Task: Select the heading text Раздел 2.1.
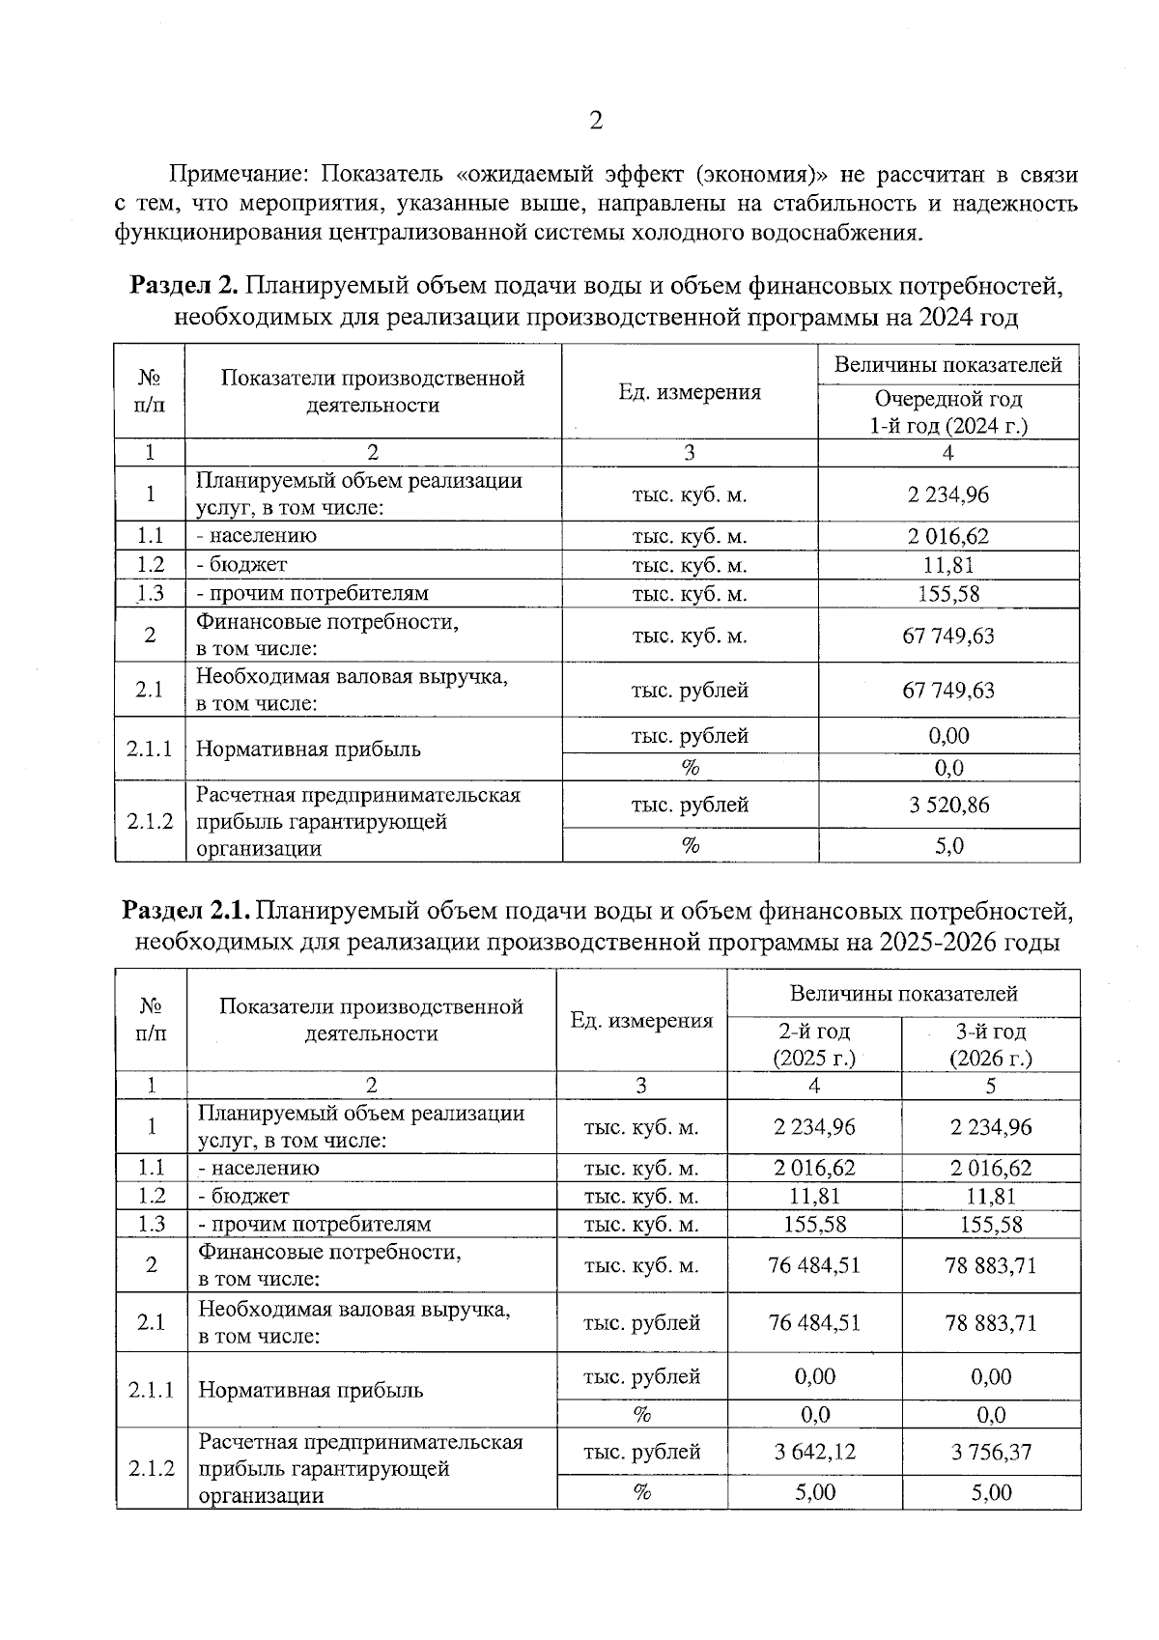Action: tap(186, 910)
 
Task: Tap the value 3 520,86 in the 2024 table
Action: tap(948, 805)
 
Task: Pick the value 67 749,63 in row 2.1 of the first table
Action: tap(948, 690)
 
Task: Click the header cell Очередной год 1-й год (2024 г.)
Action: tap(948, 411)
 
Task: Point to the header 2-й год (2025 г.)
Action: tap(813, 1044)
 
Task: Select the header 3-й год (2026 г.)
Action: tap(990, 1044)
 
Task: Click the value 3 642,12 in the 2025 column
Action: tap(813, 1451)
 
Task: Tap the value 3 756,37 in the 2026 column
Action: tap(990, 1451)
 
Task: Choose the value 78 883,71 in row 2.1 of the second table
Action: tap(990, 1322)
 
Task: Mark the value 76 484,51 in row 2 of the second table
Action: tap(813, 1264)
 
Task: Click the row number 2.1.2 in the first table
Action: tap(150, 821)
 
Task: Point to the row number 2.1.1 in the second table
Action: tap(151, 1390)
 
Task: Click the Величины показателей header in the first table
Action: tap(948, 364)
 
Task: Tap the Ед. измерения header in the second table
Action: tap(641, 1021)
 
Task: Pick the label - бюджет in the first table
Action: tap(241, 564)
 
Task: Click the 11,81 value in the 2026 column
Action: tap(990, 1196)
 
